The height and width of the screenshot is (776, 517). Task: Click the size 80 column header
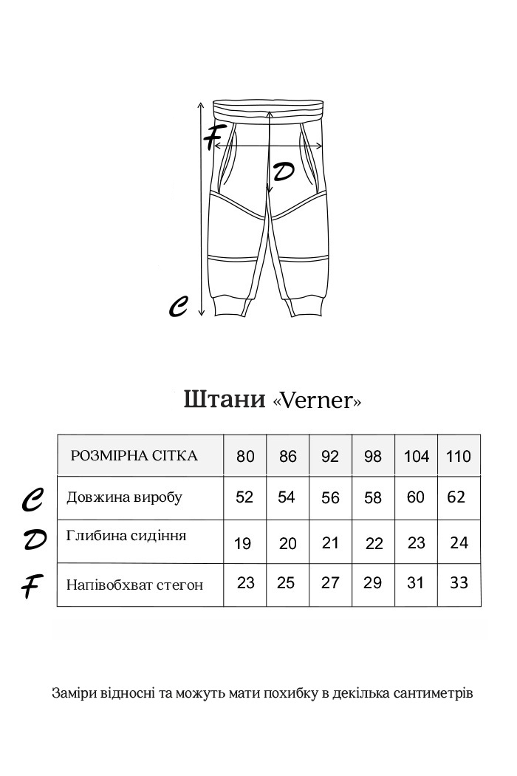(245, 456)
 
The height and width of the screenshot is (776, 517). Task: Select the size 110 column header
(459, 456)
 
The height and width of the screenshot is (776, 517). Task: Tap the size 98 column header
(373, 456)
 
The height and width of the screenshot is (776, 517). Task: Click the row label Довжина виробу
(124, 497)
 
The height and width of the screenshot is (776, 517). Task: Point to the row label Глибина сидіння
(126, 535)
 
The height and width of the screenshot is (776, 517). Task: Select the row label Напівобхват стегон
(134, 585)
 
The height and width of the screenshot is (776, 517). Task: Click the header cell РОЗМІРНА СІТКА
(134, 455)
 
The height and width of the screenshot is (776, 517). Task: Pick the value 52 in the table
(244, 497)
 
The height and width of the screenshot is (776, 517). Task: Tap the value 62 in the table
(456, 497)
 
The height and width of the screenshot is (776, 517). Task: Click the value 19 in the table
(242, 544)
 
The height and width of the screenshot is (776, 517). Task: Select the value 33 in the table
(459, 583)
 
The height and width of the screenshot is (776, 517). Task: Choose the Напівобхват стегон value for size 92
(330, 583)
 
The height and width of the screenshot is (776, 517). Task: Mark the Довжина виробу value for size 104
(416, 497)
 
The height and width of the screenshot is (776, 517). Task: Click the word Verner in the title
(317, 401)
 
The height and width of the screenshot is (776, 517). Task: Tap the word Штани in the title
(224, 399)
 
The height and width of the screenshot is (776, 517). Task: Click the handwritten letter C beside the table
(32, 500)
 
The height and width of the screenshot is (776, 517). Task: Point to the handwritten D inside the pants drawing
(284, 172)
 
